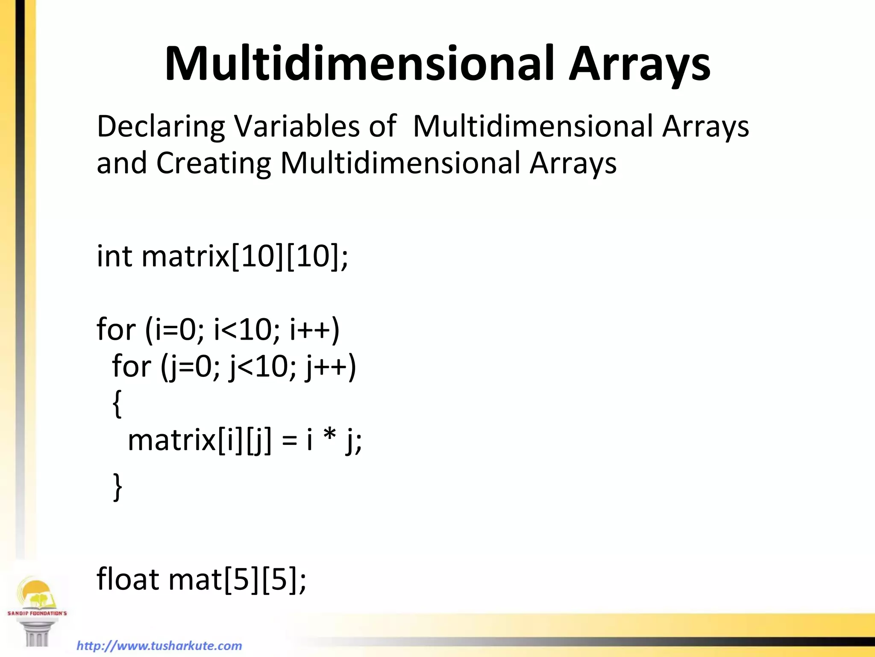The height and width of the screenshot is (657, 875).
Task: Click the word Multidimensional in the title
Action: point(359,64)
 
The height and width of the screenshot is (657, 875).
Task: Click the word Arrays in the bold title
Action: point(639,64)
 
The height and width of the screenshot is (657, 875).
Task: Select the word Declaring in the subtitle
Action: point(161,127)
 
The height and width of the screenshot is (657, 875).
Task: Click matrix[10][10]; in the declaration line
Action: point(245,257)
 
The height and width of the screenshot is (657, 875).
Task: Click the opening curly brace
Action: point(117,403)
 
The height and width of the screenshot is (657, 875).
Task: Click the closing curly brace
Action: point(117,487)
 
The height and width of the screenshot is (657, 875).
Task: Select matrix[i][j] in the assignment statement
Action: point(200,441)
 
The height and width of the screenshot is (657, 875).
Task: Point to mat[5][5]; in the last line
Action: point(238,580)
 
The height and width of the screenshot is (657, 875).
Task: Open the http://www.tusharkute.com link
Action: point(159,645)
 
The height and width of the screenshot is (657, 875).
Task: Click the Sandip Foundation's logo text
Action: point(37,613)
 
